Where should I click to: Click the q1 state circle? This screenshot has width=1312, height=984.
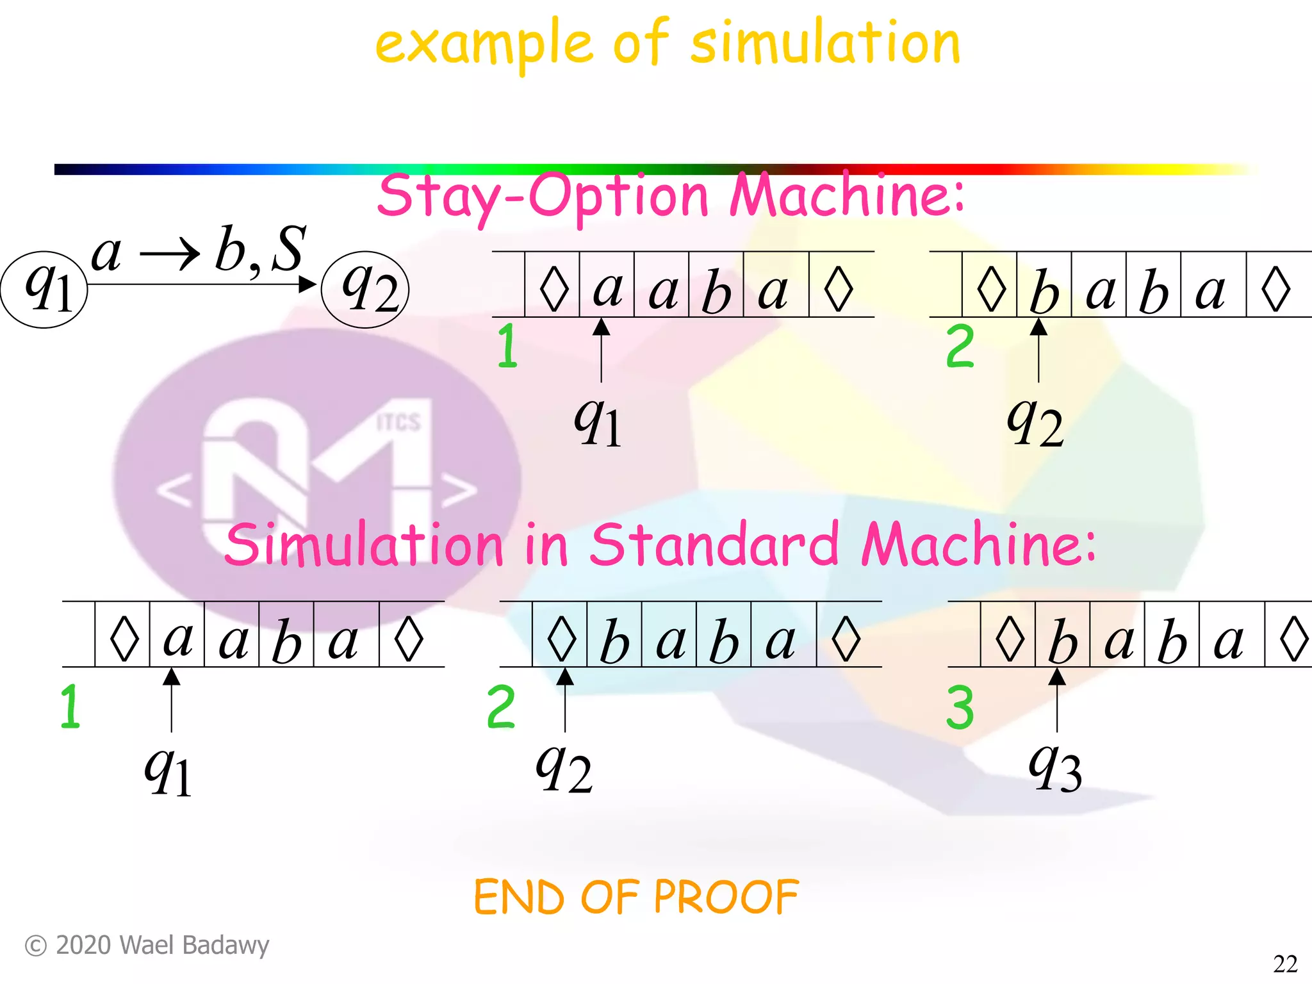click(x=44, y=290)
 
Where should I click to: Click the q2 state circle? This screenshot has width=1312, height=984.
click(x=365, y=290)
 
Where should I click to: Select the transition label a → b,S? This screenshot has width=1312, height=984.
click(x=199, y=250)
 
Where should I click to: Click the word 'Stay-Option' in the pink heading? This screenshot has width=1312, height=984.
click(x=542, y=196)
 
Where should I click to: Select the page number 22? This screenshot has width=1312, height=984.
click(x=1285, y=963)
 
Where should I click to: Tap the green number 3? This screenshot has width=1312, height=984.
click(x=960, y=707)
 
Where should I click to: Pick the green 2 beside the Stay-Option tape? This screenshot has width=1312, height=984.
click(x=960, y=347)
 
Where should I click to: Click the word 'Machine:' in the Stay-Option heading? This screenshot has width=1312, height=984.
click(x=847, y=196)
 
